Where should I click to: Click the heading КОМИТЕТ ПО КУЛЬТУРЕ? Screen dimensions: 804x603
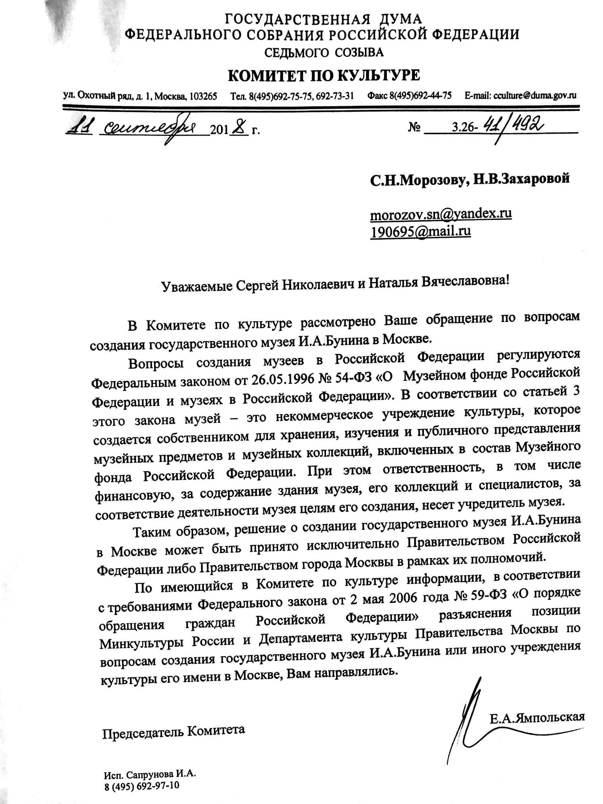(x=324, y=75)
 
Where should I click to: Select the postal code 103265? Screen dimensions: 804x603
(x=204, y=96)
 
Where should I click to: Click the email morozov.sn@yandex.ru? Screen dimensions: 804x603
(x=441, y=214)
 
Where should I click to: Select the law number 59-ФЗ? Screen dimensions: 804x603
(x=490, y=595)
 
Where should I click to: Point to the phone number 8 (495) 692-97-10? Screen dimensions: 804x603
(x=142, y=785)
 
